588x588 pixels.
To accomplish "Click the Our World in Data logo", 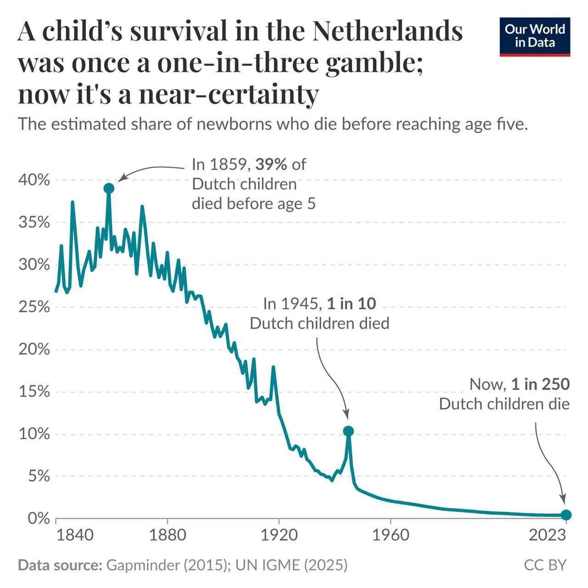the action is pyautogui.click(x=535, y=37).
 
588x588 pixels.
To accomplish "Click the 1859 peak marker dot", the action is pyautogui.click(x=109, y=188).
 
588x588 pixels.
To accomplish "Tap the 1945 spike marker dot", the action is pyautogui.click(x=348, y=431).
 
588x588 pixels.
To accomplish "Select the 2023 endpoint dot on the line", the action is pyautogui.click(x=566, y=515).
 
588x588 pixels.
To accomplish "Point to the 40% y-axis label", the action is pyautogui.click(x=34, y=180).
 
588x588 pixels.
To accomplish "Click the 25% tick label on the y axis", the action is pyautogui.click(x=34, y=307).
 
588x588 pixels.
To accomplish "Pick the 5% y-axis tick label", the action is pyautogui.click(x=39, y=476).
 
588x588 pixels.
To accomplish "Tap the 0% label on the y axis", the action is pyautogui.click(x=39, y=518).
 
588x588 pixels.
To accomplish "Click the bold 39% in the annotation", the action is pyautogui.click(x=271, y=164).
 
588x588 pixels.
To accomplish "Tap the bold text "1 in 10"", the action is pyautogui.click(x=351, y=304).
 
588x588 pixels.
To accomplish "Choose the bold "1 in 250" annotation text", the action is pyautogui.click(x=540, y=384).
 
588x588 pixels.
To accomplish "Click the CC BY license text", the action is pyautogui.click(x=545, y=565).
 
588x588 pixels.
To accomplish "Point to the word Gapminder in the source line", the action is pyautogui.click(x=142, y=565).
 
